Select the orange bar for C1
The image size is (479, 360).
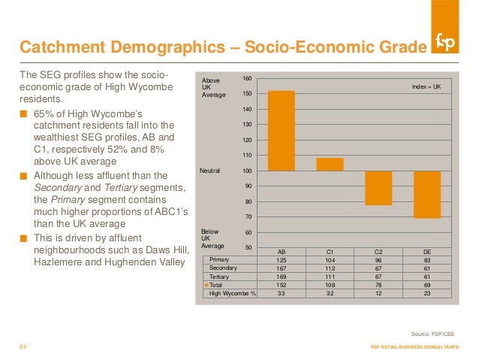point(330,164)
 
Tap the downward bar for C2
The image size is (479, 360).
point(378,188)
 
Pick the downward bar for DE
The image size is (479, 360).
point(426,195)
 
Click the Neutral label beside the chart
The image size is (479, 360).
point(209,171)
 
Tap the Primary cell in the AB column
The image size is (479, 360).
point(282,259)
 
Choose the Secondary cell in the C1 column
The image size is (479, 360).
point(330,268)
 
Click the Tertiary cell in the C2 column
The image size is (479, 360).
point(378,276)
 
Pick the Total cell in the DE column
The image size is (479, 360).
point(426,285)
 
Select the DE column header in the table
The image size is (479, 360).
point(426,251)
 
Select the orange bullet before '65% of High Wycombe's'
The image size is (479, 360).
point(24,115)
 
